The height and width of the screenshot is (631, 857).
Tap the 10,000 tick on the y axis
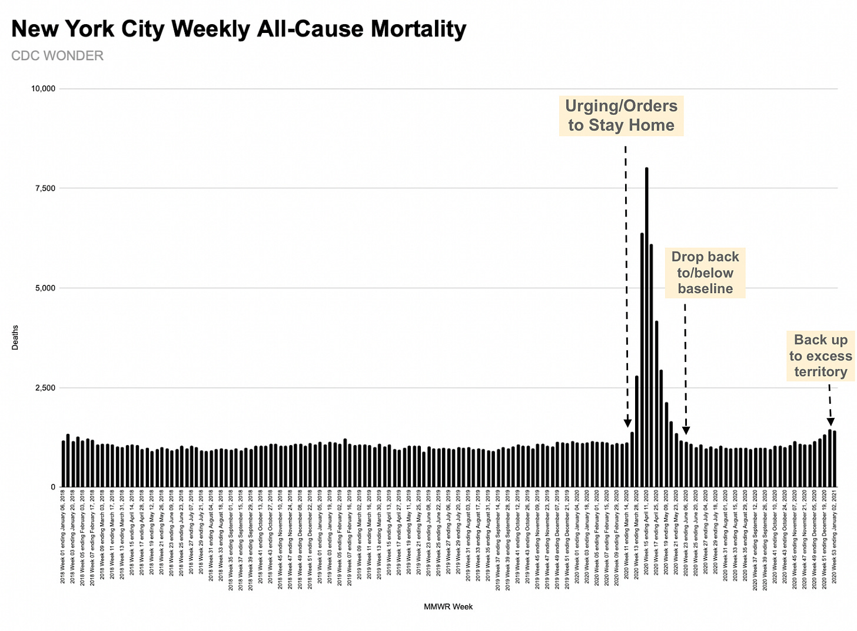(x=43, y=89)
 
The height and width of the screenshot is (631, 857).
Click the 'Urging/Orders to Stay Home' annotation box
(x=621, y=116)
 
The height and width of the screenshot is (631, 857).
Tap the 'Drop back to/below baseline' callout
(x=705, y=273)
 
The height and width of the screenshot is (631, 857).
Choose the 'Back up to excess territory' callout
(x=821, y=356)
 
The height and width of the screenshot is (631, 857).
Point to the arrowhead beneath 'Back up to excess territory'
(x=831, y=421)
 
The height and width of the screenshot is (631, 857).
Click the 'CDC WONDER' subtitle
(x=57, y=56)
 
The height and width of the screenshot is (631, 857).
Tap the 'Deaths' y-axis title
(x=15, y=337)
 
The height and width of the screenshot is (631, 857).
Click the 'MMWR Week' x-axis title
(x=448, y=607)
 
